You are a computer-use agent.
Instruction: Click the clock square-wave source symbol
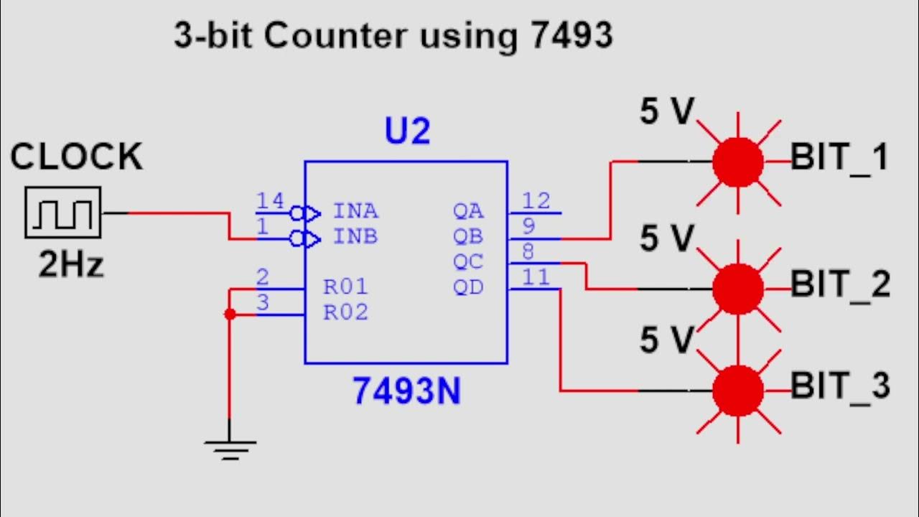pos(63,213)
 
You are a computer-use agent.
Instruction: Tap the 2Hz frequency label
pos(71,266)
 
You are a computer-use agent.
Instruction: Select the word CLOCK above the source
pos(76,157)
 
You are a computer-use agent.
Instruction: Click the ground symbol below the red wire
pos(230,450)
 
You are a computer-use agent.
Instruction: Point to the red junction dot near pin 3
pos(230,315)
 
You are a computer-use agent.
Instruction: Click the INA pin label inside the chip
pos(355,212)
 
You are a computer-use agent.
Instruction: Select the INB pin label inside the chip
pos(355,237)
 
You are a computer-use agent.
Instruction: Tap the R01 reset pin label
pos(345,287)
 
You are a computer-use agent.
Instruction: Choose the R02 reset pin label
pos(345,313)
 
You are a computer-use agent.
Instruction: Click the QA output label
pos(468,212)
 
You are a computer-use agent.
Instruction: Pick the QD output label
pos(468,288)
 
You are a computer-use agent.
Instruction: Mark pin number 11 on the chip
pos(536,277)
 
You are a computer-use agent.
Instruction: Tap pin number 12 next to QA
pos(536,201)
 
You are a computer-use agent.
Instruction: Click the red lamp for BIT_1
pos(737,162)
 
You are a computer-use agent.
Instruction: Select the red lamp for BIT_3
pos(737,391)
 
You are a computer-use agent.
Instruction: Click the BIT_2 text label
pos(840,285)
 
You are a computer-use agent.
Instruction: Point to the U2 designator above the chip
pos(408,132)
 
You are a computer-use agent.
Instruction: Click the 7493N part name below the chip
pos(406,391)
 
